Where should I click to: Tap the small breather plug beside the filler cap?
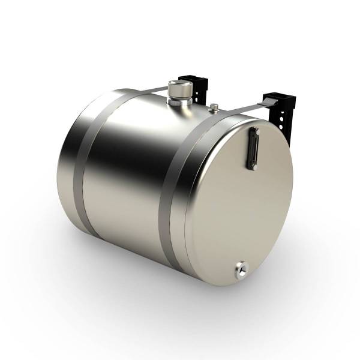214,108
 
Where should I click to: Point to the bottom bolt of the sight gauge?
253,166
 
